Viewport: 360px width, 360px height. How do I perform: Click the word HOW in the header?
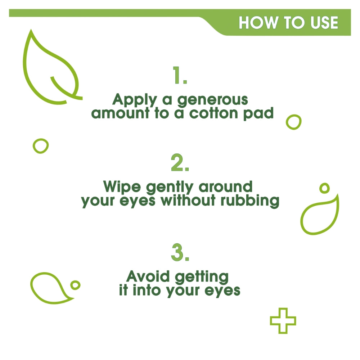coord(258,22)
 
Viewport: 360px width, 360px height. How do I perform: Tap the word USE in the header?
coord(324,22)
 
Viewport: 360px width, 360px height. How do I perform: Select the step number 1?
coord(180,75)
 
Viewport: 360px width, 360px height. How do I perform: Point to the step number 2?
coord(180,163)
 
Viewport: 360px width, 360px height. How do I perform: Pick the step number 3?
coord(180,252)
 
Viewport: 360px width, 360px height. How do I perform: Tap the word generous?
coord(213,100)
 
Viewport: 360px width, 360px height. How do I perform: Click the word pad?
coord(258,114)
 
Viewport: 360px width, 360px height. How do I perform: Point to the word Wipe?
coord(122,187)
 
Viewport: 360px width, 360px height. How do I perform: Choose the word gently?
coord(170,187)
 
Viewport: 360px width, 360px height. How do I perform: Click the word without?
coord(188,201)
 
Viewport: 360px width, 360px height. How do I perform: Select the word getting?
coord(202,277)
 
